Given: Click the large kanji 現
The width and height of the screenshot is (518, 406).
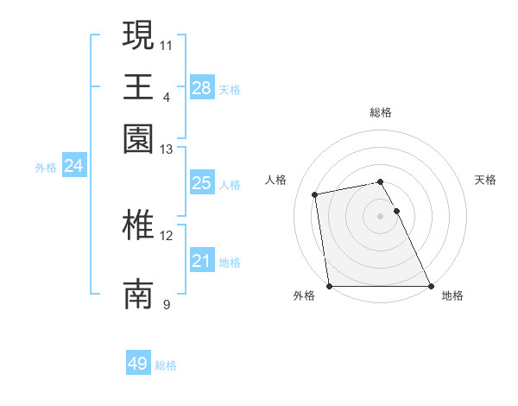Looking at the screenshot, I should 138,35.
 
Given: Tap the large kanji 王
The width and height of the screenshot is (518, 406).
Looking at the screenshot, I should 138,86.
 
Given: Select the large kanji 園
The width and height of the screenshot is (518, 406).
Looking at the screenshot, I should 138,138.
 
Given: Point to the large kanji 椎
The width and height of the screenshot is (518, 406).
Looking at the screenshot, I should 138,225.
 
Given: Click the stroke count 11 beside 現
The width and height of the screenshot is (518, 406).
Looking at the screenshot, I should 167,44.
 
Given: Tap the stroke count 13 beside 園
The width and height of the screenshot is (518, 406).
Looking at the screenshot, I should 167,149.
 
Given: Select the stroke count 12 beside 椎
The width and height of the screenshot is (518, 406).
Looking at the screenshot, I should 167,235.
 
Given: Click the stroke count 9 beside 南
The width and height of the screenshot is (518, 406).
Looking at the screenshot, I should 167,304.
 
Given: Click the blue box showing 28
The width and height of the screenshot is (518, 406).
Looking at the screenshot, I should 201,87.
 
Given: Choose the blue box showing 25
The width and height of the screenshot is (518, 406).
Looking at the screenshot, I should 201,183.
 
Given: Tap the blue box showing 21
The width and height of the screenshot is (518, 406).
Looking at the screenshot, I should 201,261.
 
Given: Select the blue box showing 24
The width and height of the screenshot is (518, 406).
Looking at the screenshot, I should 73,166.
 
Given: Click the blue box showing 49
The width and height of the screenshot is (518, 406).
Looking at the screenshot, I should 137,364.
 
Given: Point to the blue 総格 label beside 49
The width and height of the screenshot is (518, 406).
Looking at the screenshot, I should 166,365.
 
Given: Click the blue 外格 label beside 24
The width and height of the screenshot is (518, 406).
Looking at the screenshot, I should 46,168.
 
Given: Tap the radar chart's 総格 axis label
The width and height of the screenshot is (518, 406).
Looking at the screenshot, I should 380,112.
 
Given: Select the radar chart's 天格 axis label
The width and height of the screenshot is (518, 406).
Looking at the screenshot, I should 485,180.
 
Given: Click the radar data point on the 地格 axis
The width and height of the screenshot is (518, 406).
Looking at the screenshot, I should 430,286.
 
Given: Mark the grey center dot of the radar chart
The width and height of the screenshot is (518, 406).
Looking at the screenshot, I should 380,216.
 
